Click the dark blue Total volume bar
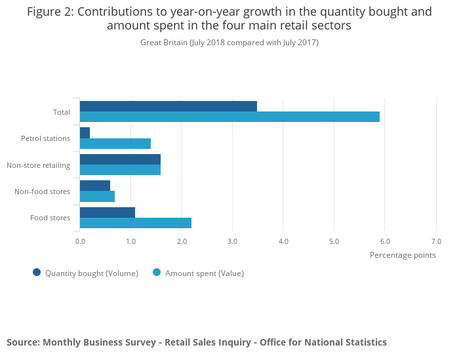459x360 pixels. (x=169, y=106)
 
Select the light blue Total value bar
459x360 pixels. (x=229, y=117)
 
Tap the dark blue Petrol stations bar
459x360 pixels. (x=85, y=132)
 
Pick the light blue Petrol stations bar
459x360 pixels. (x=115, y=144)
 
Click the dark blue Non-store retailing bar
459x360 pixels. (x=120, y=159)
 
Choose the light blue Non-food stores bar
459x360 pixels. (x=97, y=196)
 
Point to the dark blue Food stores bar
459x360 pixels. (x=108, y=212)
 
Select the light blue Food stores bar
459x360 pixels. (x=136, y=223)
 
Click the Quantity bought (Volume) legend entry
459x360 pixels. (x=85, y=273)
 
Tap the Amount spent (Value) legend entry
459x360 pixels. (x=198, y=273)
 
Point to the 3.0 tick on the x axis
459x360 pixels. (x=232, y=241)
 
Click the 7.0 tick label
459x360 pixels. (x=436, y=241)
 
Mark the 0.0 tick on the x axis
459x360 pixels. (x=80, y=241)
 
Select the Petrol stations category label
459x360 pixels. (x=45, y=138)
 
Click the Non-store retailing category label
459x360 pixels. (x=38, y=165)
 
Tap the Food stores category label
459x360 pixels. (x=50, y=218)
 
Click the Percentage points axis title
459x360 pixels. (x=403, y=255)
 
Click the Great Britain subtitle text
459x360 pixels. (x=163, y=43)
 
